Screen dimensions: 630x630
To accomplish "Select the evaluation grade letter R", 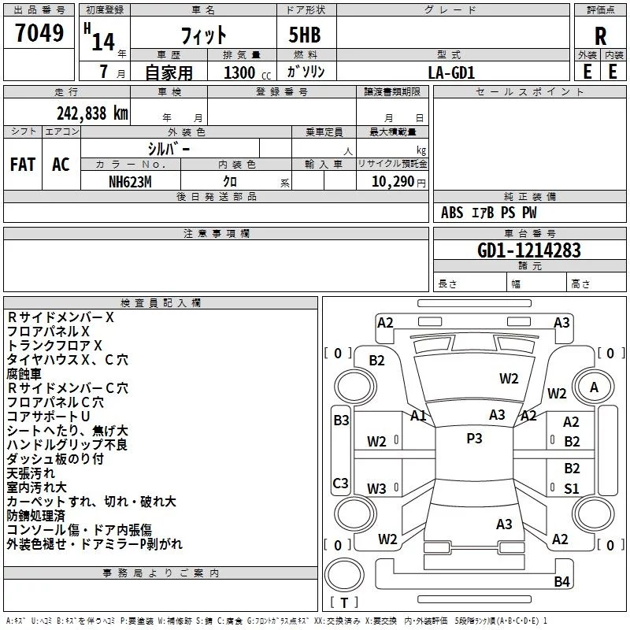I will tap(600, 36).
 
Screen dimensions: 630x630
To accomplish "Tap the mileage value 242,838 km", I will tap(92, 113).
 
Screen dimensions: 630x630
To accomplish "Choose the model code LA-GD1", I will tap(451, 72).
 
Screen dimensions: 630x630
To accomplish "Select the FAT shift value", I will tap(23, 165).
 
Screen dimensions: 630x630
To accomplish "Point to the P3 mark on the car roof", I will tap(474, 439).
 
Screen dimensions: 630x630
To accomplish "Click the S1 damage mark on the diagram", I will tap(572, 488).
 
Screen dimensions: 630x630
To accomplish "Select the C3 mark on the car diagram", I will tap(341, 483).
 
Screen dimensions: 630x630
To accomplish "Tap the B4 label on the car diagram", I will tap(561, 582).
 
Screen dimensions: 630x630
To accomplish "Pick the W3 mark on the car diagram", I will tap(376, 488).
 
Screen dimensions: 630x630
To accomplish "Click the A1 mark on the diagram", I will tap(418, 415).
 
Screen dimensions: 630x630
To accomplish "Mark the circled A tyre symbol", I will tap(594, 387).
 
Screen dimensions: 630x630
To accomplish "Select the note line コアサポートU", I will tap(49, 417).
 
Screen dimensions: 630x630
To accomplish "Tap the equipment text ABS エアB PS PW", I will tap(490, 213).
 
